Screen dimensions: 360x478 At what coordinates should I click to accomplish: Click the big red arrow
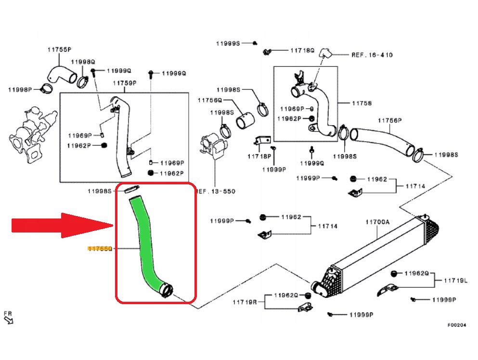point(60,225)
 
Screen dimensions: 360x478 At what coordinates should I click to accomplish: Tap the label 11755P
point(59,50)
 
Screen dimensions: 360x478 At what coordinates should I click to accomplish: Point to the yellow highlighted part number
point(99,249)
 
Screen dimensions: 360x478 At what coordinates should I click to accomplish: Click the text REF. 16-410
point(372,55)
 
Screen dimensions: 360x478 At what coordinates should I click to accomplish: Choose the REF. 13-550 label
point(216,191)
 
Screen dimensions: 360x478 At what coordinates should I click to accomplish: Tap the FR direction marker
point(8,317)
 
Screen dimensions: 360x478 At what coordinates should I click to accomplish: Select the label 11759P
point(125,83)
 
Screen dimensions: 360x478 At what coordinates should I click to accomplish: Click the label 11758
point(362,103)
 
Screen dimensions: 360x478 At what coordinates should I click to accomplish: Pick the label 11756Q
point(209,100)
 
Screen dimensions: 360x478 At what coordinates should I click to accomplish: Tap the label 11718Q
point(301,50)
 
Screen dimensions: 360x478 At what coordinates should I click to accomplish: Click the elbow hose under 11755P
point(60,75)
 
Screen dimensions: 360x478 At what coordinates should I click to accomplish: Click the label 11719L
point(453,280)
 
